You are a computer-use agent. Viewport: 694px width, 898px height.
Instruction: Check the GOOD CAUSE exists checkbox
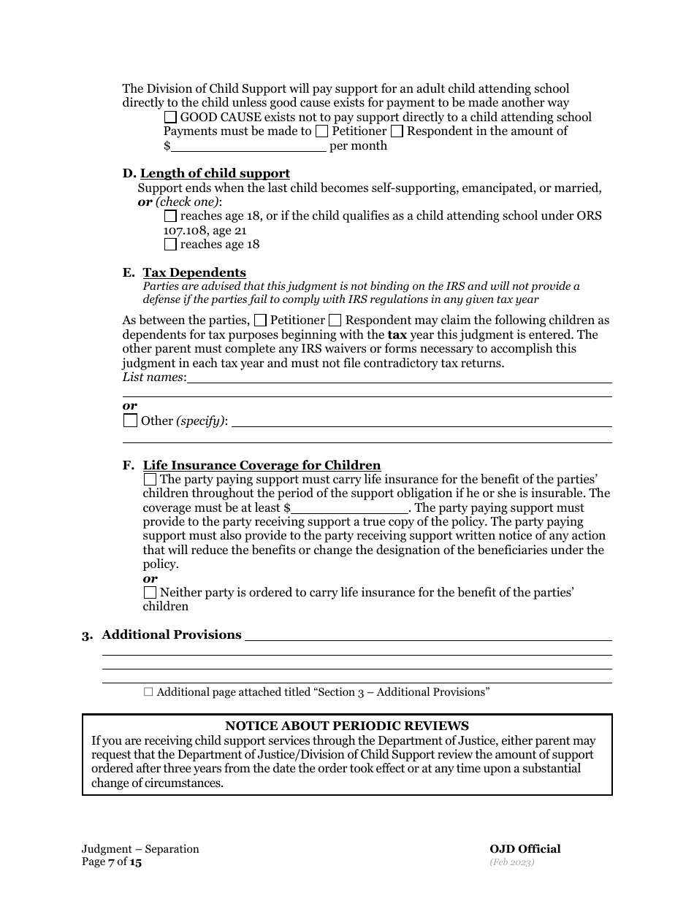click(170, 118)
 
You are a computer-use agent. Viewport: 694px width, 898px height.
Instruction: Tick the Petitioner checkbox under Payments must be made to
click(321, 131)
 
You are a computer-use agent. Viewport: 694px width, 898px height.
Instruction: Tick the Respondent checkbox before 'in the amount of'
click(397, 131)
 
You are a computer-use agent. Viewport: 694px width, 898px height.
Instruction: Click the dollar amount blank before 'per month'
click(248, 145)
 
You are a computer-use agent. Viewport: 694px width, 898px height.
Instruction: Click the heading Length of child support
click(215, 174)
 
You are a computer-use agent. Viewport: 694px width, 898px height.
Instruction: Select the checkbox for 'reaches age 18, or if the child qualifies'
click(170, 216)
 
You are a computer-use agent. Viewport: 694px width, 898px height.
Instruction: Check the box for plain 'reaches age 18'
click(170, 245)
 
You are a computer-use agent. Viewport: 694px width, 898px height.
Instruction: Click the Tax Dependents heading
click(194, 273)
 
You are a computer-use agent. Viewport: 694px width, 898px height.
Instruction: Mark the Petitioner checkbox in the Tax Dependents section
click(260, 321)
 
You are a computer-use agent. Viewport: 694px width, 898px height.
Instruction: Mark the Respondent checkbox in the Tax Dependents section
click(335, 321)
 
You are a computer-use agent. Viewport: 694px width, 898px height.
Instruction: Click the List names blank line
click(399, 377)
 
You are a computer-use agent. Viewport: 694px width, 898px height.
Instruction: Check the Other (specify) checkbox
click(130, 421)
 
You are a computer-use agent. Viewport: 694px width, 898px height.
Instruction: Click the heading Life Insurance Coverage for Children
click(262, 466)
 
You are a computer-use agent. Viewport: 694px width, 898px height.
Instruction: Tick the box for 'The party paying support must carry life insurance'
click(150, 480)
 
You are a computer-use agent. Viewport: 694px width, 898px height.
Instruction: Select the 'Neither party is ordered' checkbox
click(150, 593)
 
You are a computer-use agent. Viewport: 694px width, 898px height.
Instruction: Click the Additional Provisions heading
click(171, 635)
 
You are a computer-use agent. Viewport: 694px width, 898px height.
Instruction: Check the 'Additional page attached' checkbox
click(148, 692)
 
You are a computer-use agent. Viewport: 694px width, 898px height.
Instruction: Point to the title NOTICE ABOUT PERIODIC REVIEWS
click(347, 726)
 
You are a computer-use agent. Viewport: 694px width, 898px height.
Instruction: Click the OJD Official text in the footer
click(525, 849)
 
